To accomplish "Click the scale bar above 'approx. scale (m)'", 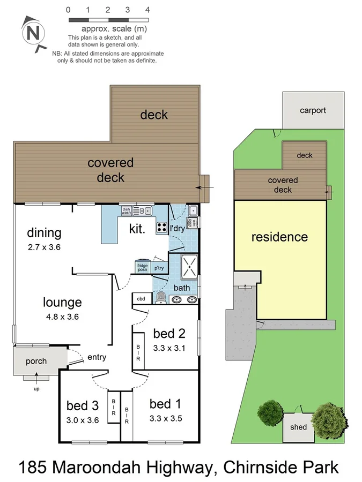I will coord(107,20).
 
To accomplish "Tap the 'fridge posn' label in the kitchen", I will coord(142,267).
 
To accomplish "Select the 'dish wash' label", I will coord(126,211).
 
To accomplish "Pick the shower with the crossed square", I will coord(189,267).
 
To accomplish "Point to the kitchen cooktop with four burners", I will coord(161,227).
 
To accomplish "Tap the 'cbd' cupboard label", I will coord(141,299).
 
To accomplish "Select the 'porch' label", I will coord(36,361).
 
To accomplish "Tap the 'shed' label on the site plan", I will coord(298,427).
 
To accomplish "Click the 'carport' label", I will coord(313,110).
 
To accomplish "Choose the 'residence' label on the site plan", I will coord(279,237).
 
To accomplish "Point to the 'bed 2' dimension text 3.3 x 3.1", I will coord(169,348).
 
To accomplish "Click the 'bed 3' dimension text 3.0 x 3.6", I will coord(83,420).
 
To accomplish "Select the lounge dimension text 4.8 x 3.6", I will coord(63,317).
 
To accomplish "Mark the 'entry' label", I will coord(97,357).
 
